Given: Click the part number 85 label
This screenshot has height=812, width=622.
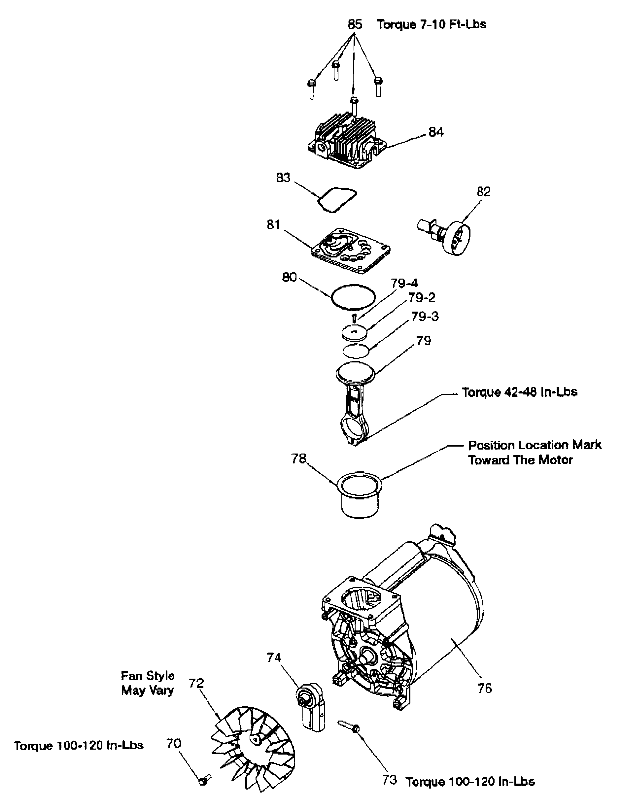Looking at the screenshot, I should pos(354,24).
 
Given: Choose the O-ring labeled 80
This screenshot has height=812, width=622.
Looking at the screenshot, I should pos(353,296).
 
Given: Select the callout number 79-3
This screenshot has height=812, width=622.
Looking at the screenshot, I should pos(425,317).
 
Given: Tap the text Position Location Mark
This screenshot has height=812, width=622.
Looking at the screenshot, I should pos(534,445).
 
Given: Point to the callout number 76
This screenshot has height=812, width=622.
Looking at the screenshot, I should pos(484,689).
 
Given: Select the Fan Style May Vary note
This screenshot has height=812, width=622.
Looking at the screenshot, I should pos(147,683).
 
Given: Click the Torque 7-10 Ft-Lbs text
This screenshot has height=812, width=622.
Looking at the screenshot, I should pos(431,24).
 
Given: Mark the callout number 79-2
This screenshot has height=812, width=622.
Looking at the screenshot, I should pos(422,297).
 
